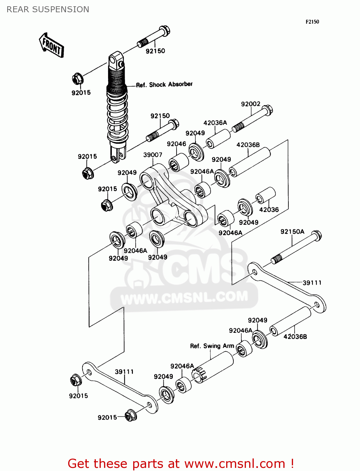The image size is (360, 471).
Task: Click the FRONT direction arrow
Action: (x=52, y=46)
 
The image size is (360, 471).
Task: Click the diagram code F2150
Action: (x=312, y=22)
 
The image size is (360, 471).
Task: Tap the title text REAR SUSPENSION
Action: (x=48, y=9)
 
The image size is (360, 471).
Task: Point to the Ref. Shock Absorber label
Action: (x=164, y=84)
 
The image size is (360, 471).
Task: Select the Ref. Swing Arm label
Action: (x=212, y=346)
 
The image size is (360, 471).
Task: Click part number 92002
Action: (x=250, y=104)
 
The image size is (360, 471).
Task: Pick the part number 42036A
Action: (x=215, y=123)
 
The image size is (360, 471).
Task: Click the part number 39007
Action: (x=153, y=155)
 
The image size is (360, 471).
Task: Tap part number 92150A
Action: (x=292, y=232)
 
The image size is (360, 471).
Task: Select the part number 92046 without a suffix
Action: (x=176, y=144)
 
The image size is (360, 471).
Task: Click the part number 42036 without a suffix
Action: (x=269, y=210)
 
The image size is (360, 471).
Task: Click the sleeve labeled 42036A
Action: (x=218, y=139)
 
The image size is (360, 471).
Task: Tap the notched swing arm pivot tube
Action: (x=213, y=367)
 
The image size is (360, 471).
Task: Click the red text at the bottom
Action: (x=181, y=463)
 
